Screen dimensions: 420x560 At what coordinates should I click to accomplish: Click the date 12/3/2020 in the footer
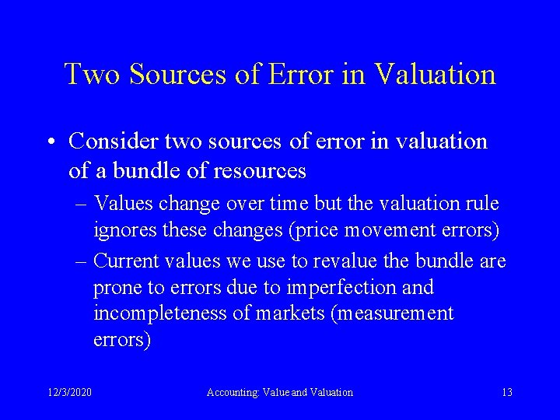point(68,393)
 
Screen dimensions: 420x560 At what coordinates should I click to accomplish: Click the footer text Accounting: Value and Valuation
point(279,393)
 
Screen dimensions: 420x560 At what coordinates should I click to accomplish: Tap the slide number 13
point(507,393)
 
